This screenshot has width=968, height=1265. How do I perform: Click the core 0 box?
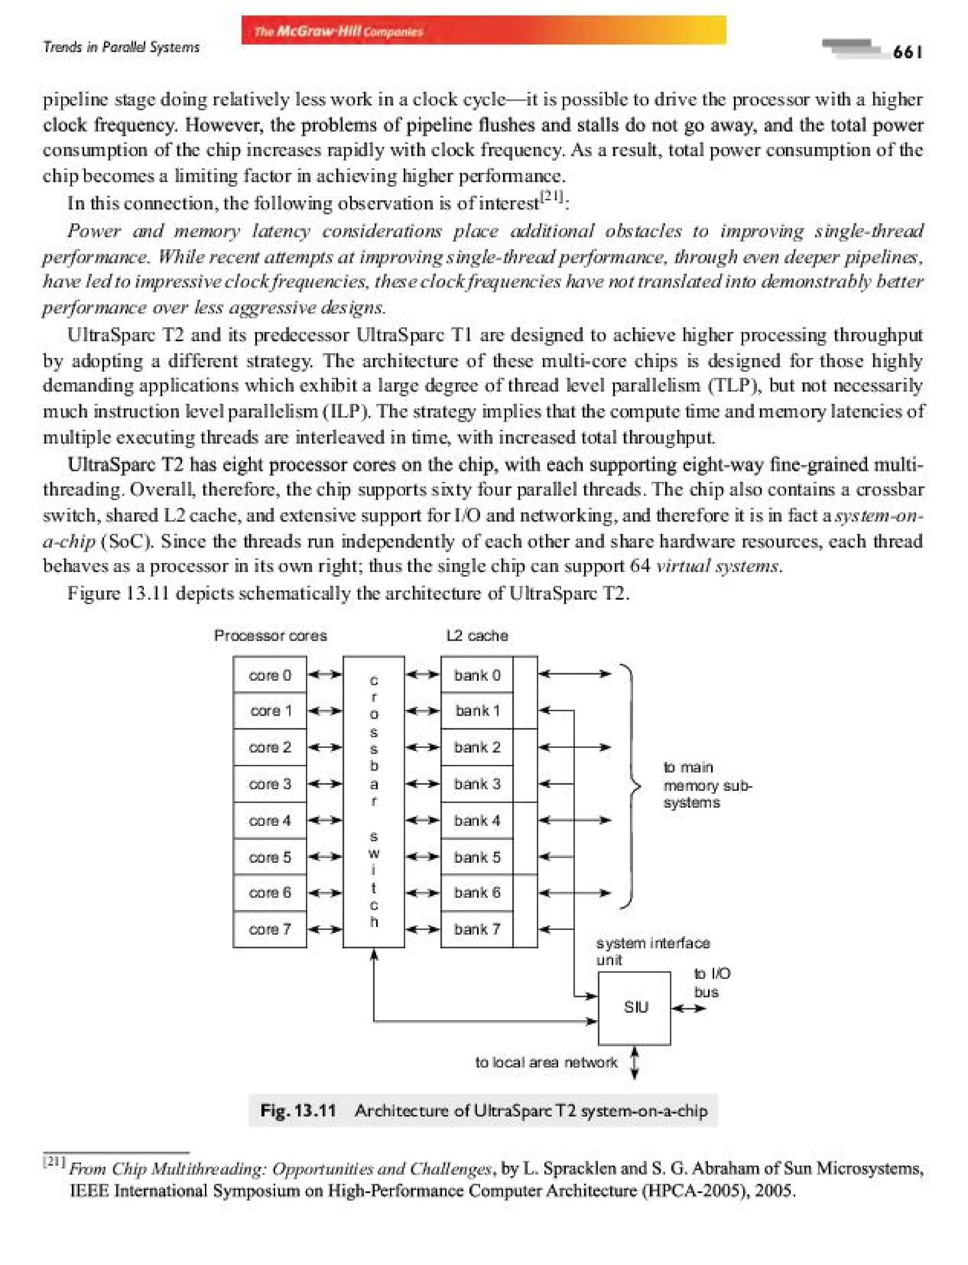pyautogui.click(x=270, y=675)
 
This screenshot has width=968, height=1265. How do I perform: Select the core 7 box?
pyautogui.click(x=270, y=929)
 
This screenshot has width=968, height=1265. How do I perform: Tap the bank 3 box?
pyautogui.click(x=476, y=784)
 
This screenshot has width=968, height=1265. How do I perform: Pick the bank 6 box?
pyautogui.click(x=476, y=892)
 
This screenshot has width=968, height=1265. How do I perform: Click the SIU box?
pyautogui.click(x=634, y=1007)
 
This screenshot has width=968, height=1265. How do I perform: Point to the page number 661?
pyautogui.click(x=907, y=52)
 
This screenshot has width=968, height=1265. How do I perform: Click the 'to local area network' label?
pyautogui.click(x=545, y=1062)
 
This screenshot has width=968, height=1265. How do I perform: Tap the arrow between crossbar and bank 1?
pyautogui.click(x=423, y=710)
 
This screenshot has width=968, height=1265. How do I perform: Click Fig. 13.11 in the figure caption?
pyautogui.click(x=298, y=1110)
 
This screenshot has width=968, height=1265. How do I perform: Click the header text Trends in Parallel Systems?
pyautogui.click(x=121, y=47)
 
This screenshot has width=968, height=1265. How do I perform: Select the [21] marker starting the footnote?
pyautogui.click(x=55, y=1162)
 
